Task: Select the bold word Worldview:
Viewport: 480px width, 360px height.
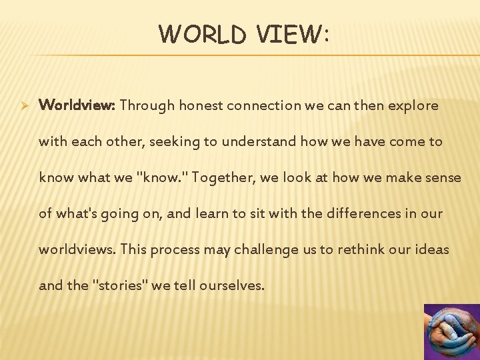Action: click(77, 105)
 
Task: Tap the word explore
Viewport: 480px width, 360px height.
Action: click(415, 105)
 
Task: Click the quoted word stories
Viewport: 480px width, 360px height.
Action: click(121, 285)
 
